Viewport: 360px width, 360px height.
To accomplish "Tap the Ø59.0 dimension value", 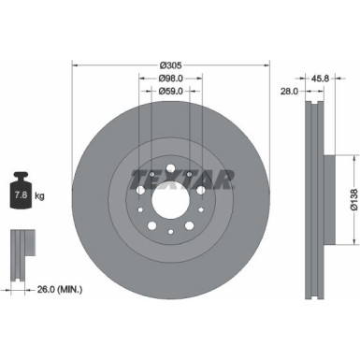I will [x=169, y=92].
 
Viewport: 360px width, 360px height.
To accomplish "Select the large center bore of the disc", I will [x=169, y=207].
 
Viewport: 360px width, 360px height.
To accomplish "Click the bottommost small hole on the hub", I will [x=169, y=245].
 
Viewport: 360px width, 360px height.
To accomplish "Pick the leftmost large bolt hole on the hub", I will [x=138, y=193].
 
